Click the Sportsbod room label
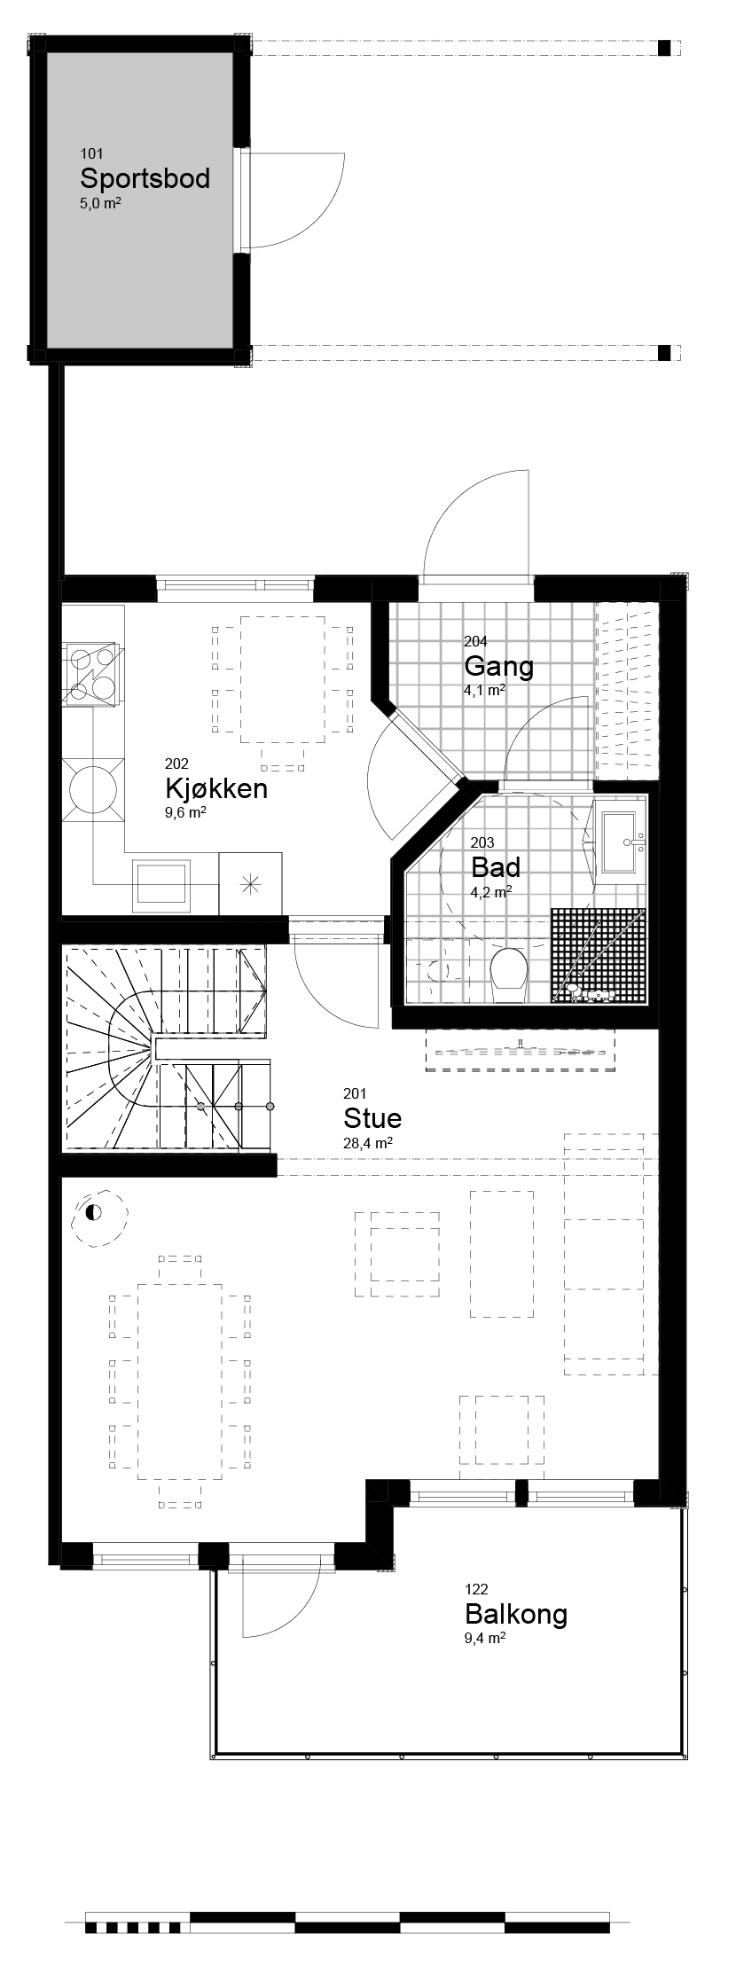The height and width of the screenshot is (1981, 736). pos(145,178)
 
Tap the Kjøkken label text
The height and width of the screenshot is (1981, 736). pos(215,788)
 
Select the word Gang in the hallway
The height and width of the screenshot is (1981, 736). pos(498,666)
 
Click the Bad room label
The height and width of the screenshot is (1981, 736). pos(495,866)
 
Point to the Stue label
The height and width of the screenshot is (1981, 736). pos(372,1117)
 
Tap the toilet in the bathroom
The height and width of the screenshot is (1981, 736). pos(509,971)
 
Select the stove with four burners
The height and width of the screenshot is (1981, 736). pos(92,674)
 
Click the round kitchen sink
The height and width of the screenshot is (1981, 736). pos(92,786)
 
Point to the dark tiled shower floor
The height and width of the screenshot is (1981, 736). pos(597,956)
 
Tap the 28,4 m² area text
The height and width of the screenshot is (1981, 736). pos(368,1144)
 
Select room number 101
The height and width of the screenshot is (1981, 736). pos(91,153)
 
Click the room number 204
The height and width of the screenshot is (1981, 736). pos(475,641)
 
